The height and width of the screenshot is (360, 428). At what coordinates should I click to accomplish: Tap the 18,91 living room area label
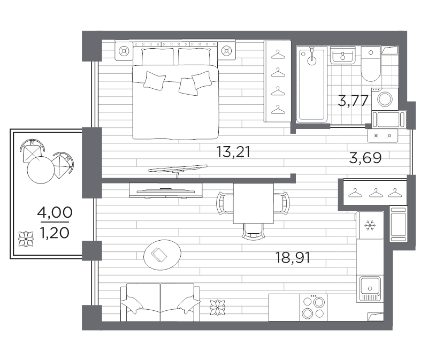click(293, 258)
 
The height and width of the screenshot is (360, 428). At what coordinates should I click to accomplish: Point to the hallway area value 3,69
click(365, 158)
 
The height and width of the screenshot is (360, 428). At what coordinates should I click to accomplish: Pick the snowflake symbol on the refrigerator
click(369, 226)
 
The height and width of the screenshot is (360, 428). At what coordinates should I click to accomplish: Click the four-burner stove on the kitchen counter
click(313, 308)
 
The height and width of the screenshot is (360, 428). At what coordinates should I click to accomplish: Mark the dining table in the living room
click(254, 203)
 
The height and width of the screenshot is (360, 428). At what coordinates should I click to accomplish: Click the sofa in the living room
click(159, 303)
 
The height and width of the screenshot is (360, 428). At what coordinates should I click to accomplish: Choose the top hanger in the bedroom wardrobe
click(277, 54)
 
